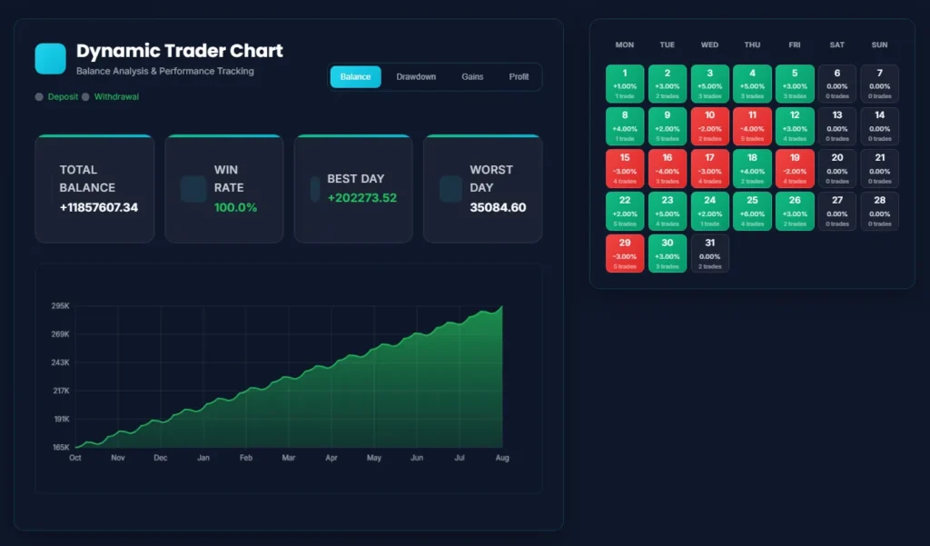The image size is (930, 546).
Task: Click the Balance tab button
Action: [x=355, y=77]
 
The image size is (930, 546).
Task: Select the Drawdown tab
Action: [x=416, y=77]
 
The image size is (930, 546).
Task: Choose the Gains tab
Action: [x=472, y=77]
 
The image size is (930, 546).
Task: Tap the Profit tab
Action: [x=519, y=77]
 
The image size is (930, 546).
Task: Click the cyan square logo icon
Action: [x=50, y=58]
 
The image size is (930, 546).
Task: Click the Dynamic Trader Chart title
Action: [x=180, y=51]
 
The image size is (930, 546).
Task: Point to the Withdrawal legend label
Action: [x=116, y=96]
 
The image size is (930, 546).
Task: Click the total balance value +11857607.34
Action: [x=99, y=208]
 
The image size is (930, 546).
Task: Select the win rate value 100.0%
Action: [x=235, y=208]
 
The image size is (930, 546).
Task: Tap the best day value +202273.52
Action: [x=362, y=198]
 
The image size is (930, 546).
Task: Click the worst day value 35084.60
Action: [x=498, y=208]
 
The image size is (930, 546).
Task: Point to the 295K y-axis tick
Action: [x=61, y=306]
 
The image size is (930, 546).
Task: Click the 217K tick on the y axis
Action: [x=61, y=391]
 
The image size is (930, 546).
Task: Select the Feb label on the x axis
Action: [x=245, y=458]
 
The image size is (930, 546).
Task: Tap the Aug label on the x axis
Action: [x=501, y=458]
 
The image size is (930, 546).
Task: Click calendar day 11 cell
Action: [x=752, y=126]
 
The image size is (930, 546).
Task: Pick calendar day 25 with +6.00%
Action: [x=752, y=211]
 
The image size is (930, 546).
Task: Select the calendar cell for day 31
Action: [x=709, y=253]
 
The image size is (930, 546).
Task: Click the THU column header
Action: [x=752, y=45]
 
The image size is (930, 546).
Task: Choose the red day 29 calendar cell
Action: [x=624, y=253]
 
